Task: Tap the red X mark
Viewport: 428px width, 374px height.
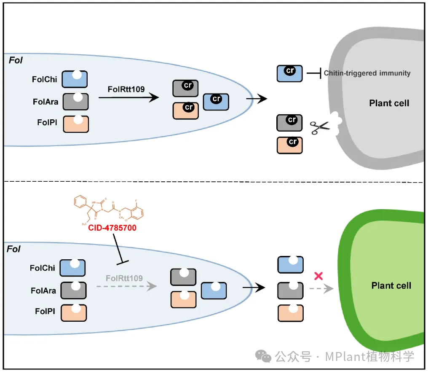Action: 319,276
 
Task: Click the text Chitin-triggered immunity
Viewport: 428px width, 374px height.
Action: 367,73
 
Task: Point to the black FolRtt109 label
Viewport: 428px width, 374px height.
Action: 126,89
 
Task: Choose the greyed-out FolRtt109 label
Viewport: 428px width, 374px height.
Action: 124,278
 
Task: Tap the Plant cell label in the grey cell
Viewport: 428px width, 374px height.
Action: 389,103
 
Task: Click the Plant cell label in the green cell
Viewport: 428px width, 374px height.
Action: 391,285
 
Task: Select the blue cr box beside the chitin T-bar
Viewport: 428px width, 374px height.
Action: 289,73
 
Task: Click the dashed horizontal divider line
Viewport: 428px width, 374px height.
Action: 211,181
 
